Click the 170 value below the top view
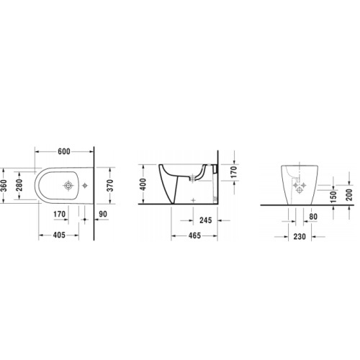[x=60, y=214]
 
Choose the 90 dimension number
[x=103, y=214]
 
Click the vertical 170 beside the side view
[x=233, y=172]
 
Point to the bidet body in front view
[x=297, y=186]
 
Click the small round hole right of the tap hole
[x=84, y=186]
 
